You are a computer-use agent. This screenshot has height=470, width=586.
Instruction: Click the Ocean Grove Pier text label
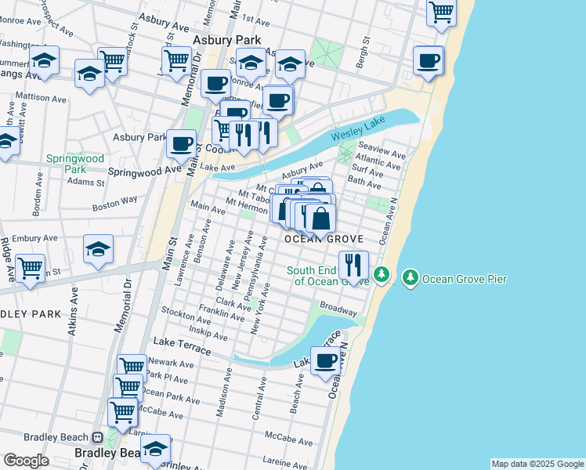point(465,279)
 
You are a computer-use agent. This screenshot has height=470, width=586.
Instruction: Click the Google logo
point(26,461)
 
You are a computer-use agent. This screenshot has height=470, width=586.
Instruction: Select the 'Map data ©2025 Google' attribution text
point(537,464)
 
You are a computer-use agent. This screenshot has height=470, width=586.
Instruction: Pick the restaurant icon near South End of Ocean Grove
point(354,265)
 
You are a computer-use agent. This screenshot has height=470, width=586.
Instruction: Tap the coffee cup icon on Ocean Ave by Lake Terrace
point(325,361)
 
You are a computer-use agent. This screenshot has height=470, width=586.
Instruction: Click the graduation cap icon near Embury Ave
point(99,249)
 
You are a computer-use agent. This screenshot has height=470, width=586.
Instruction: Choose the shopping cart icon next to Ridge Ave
point(31,268)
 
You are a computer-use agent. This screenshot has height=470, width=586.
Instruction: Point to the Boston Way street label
point(115,204)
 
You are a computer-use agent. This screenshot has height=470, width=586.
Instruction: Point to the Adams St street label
point(85,182)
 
